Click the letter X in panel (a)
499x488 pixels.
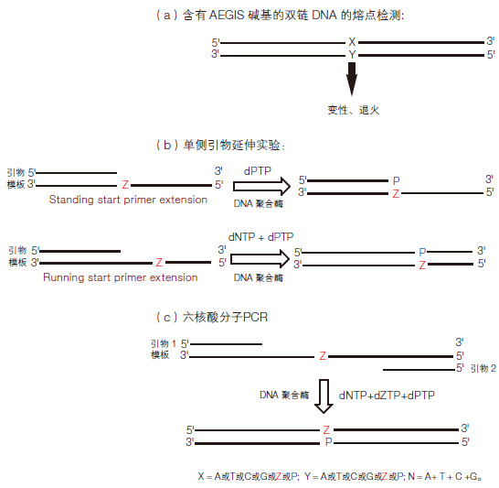(352, 42)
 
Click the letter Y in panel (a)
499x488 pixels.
(352, 55)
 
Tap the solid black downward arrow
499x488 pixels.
(352, 79)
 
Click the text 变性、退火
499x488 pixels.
(354, 110)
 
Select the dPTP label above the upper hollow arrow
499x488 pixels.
(257, 171)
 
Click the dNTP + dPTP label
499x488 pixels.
(260, 237)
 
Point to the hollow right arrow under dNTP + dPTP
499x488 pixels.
(260, 258)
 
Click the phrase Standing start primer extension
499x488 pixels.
(128, 200)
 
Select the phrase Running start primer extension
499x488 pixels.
(121, 277)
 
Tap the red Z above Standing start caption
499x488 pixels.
(125, 185)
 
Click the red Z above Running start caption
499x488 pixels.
(159, 263)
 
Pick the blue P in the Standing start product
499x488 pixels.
(397, 180)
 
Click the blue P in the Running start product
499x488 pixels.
(422, 252)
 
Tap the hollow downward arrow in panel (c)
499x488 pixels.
(324, 396)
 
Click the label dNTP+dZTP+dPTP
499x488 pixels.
(387, 396)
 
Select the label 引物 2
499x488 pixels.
(483, 368)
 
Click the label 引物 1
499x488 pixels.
(164, 343)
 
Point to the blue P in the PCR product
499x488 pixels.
(329, 442)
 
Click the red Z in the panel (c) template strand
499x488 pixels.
(323, 356)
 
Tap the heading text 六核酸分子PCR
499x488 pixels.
(226, 317)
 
